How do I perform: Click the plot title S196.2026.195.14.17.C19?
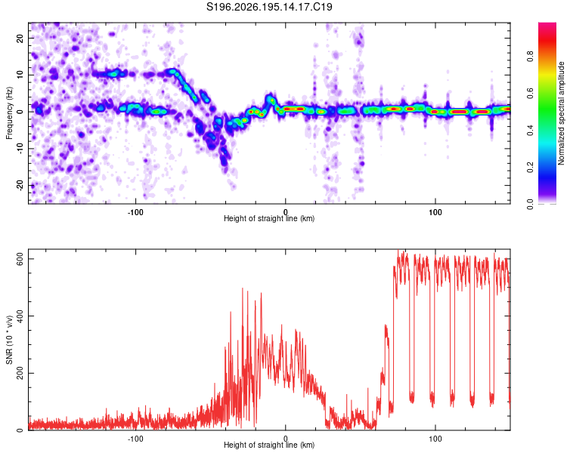point(269,7)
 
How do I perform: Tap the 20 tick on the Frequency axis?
point(20,38)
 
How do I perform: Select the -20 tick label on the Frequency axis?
point(20,186)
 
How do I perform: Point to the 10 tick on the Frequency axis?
point(20,75)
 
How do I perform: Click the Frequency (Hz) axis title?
point(9,113)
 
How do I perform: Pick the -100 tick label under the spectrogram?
point(135,212)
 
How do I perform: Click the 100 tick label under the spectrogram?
point(435,212)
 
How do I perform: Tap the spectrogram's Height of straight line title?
point(269,218)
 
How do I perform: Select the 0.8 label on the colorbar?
point(530,57)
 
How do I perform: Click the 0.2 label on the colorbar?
point(530,168)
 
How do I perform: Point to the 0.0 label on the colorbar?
point(530,204)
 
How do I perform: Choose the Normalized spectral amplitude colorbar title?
point(561,113)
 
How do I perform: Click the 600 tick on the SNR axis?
point(20,259)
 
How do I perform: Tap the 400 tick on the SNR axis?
point(20,316)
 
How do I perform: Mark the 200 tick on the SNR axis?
point(20,373)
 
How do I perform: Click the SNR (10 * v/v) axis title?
point(9,340)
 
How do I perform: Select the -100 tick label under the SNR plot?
point(135,439)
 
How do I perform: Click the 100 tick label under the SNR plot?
point(435,439)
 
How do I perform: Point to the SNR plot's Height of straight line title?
point(269,445)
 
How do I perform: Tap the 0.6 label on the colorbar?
point(530,93)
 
